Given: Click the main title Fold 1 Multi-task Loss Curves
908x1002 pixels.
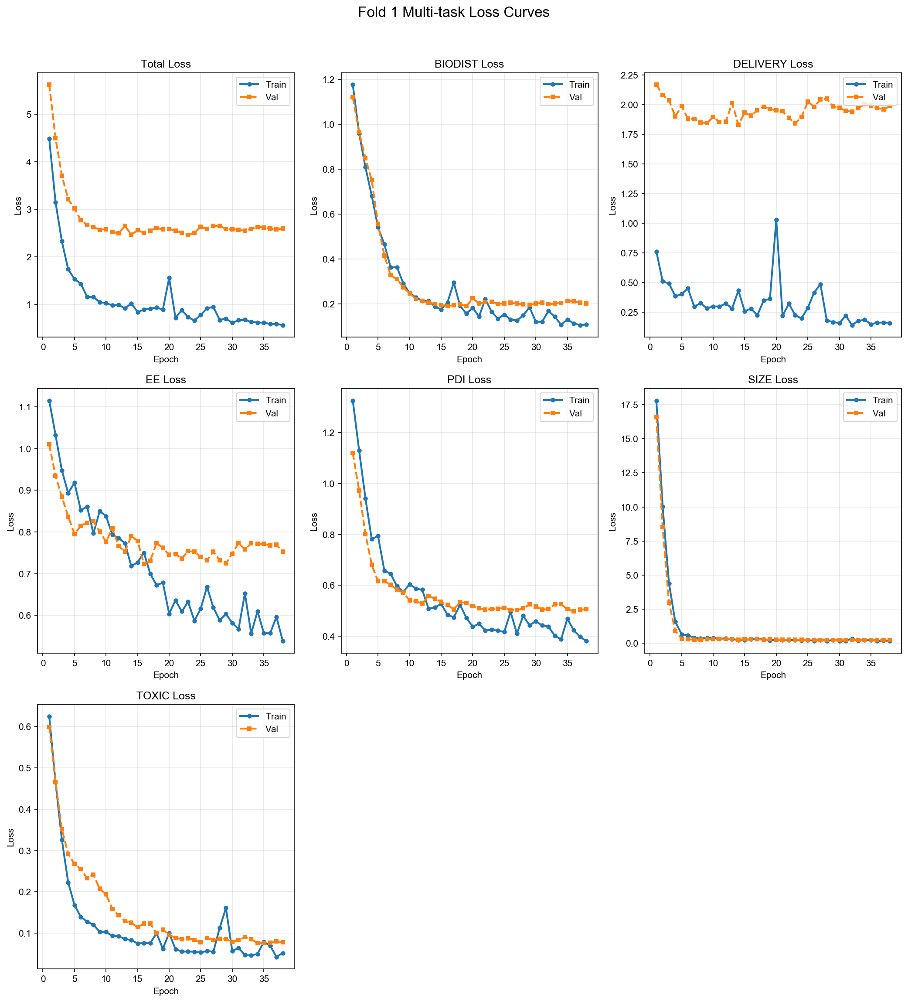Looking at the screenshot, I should (x=453, y=12).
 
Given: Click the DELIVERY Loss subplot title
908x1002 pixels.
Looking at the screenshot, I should (x=773, y=64).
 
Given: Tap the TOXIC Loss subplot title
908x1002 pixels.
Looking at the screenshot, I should (x=166, y=696).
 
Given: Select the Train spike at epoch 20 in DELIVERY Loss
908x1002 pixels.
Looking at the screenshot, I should (x=776, y=220).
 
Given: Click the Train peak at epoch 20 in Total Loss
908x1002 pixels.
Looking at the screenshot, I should (x=169, y=278).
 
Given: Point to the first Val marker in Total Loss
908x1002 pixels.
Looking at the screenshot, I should (x=49, y=85).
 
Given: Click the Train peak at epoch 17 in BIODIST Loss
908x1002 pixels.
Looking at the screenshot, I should (x=454, y=283).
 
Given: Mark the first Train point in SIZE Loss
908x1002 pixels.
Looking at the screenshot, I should (x=656, y=401).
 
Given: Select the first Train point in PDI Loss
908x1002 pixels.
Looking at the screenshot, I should (x=353, y=401).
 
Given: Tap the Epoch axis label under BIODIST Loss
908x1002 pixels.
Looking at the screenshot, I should (x=469, y=359).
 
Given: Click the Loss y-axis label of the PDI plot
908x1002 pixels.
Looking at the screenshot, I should (x=314, y=522).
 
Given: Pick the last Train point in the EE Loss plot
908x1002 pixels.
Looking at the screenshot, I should (x=283, y=641).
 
